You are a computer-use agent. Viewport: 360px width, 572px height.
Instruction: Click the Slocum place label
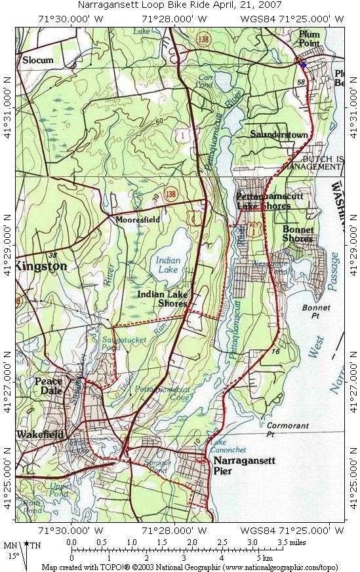coord(37,60)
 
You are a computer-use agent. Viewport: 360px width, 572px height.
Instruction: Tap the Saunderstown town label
coord(279,134)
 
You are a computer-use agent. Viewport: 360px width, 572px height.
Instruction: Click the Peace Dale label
coord(49,386)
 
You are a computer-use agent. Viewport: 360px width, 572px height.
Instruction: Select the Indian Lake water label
coord(169,265)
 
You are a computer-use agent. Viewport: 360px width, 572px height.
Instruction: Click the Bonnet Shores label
coord(298,234)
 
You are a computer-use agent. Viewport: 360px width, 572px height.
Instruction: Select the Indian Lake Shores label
coord(163,299)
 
